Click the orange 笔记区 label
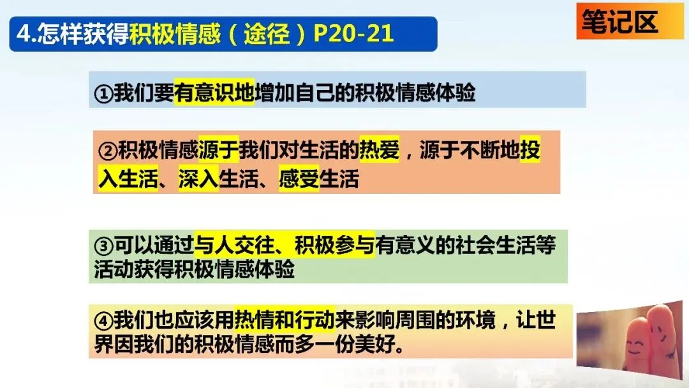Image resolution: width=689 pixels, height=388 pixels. pyautogui.click(x=630, y=21)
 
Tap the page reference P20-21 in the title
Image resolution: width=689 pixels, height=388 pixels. pyautogui.click(x=353, y=34)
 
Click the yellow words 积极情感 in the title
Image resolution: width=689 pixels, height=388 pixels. pyautogui.click(x=175, y=34)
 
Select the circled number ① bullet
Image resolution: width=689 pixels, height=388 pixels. pyautogui.click(x=103, y=93)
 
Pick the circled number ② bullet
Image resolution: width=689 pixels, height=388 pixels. pyautogui.click(x=108, y=151)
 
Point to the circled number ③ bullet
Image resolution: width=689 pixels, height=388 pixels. pyautogui.click(x=103, y=246)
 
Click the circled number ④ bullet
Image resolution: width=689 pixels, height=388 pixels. pyautogui.click(x=103, y=320)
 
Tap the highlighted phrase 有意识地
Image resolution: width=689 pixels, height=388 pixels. pyautogui.click(x=214, y=93)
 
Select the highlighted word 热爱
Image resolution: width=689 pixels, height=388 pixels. pyautogui.click(x=379, y=149)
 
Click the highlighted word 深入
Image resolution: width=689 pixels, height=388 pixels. pyautogui.click(x=198, y=179)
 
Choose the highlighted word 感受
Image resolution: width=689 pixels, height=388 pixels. pyautogui.click(x=299, y=179)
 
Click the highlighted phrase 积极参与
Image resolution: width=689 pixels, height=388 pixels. pyautogui.click(x=334, y=245)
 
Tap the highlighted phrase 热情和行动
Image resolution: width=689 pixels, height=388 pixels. pyautogui.click(x=285, y=320)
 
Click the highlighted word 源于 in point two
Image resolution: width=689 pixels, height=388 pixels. pyautogui.click(x=218, y=149)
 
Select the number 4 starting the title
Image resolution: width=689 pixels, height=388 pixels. pyautogui.click(x=23, y=34)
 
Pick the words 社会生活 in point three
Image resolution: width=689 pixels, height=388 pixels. pyautogui.click(x=495, y=245)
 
